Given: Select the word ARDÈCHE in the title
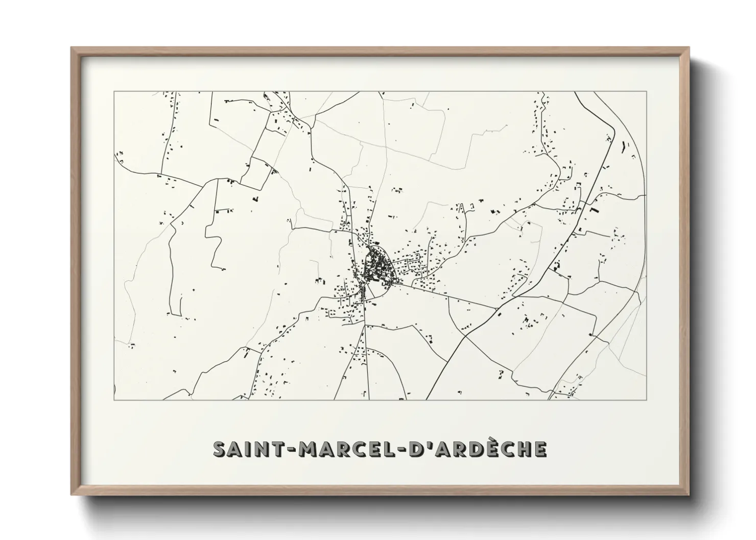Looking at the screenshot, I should click(x=490, y=449).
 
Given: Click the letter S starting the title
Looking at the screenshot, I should click(x=219, y=449).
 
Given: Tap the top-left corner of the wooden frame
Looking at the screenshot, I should click(x=72, y=48).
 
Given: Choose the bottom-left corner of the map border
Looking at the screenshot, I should click(x=113, y=400).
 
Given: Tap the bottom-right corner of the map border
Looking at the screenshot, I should click(x=647, y=400).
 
